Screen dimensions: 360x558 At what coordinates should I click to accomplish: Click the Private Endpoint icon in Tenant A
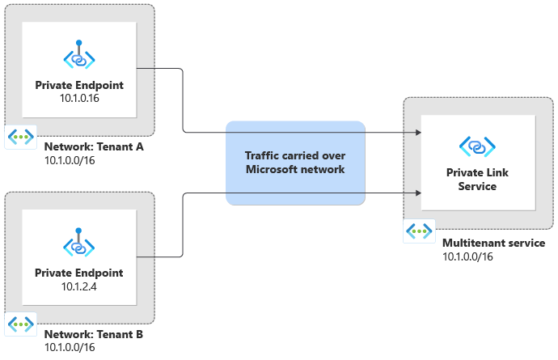[x=79, y=57]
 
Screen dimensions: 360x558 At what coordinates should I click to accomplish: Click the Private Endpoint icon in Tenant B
[x=79, y=244]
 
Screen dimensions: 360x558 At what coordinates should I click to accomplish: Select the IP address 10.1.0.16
[x=79, y=99]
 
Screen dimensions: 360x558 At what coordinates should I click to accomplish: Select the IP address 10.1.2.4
[x=79, y=286]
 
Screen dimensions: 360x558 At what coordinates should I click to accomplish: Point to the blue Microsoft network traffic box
[x=295, y=163]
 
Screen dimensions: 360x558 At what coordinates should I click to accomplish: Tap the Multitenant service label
[x=493, y=243]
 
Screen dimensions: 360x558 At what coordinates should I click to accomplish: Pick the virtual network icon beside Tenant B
[x=20, y=324]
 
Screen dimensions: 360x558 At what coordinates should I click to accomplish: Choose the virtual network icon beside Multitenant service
[x=419, y=231]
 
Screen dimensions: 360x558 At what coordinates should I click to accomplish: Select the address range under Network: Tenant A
[x=70, y=160]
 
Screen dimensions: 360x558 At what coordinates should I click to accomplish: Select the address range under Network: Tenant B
[x=70, y=348]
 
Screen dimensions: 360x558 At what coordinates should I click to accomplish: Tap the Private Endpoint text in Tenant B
[x=79, y=273]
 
